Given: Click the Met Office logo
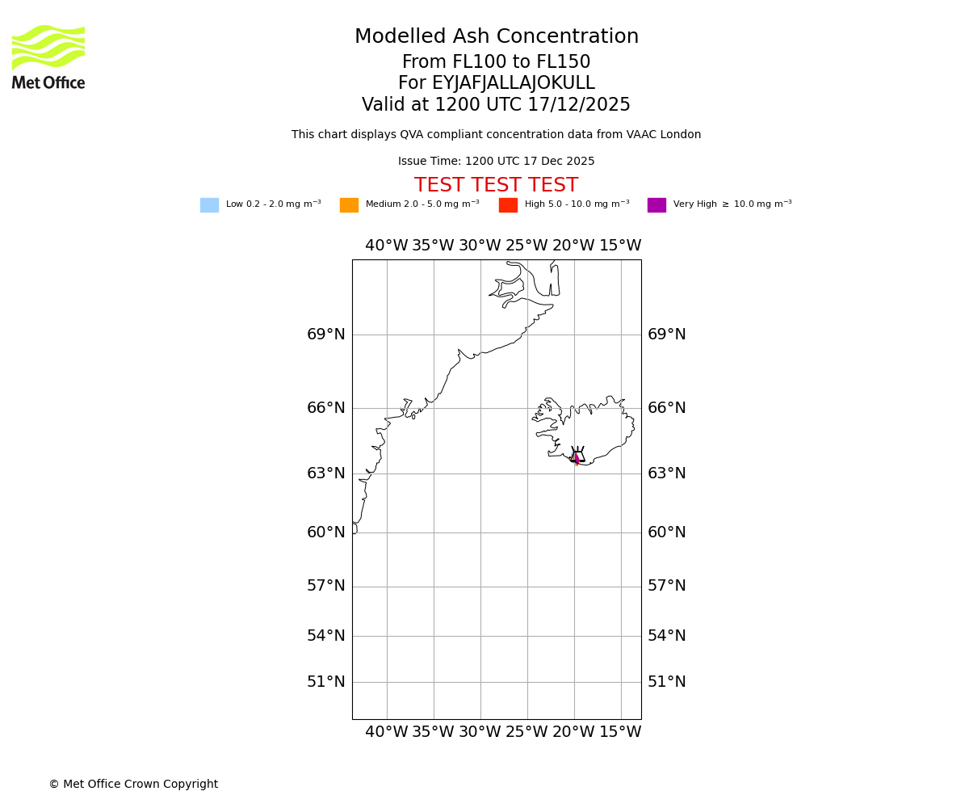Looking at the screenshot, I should click(x=48, y=57).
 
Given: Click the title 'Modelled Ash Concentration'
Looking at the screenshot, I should click(x=497, y=37).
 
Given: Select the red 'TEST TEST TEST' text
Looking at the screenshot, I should click(x=496, y=186).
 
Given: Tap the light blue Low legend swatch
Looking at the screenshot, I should click(x=209, y=205).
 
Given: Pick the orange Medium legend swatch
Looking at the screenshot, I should click(x=349, y=205).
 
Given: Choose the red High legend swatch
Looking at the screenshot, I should click(x=508, y=205).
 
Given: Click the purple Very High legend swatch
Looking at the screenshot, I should click(x=656, y=205).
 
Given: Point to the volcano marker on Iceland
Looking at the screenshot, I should click(x=577, y=455).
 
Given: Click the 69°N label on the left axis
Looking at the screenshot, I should click(x=326, y=335).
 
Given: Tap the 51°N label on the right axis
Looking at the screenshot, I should click(x=667, y=682).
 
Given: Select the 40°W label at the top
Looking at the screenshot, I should click(x=387, y=246).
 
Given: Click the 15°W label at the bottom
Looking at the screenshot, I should click(x=620, y=732).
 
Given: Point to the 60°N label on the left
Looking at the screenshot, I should click(x=326, y=532).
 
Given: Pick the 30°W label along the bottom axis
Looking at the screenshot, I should click(x=480, y=732).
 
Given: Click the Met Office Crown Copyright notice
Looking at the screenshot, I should click(x=133, y=785).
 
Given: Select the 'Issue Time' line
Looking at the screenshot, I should click(x=496, y=162).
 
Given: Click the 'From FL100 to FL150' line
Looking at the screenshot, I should click(x=496, y=62).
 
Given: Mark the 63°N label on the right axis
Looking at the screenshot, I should click(x=667, y=473).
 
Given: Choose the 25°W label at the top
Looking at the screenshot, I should click(x=527, y=246).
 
